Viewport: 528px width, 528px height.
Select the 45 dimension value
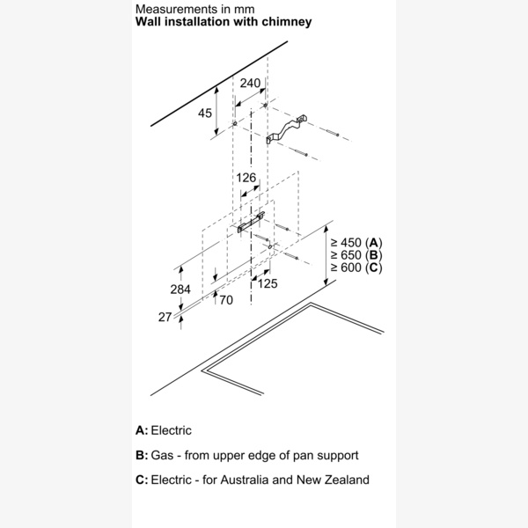(205, 114)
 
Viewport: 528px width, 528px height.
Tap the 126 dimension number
(246, 178)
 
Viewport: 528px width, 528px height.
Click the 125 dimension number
(268, 283)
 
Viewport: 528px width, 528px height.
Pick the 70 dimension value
(225, 301)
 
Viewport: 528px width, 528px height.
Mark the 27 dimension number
(165, 317)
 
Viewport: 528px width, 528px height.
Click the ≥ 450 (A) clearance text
(356, 242)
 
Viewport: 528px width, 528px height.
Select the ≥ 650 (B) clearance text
(356, 254)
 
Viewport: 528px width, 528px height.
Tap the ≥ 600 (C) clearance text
(356, 267)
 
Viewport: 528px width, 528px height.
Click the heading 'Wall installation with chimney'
(224, 21)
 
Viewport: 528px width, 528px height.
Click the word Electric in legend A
(171, 430)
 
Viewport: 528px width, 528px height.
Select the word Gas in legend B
(163, 455)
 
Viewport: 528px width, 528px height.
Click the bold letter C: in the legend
(142, 480)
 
